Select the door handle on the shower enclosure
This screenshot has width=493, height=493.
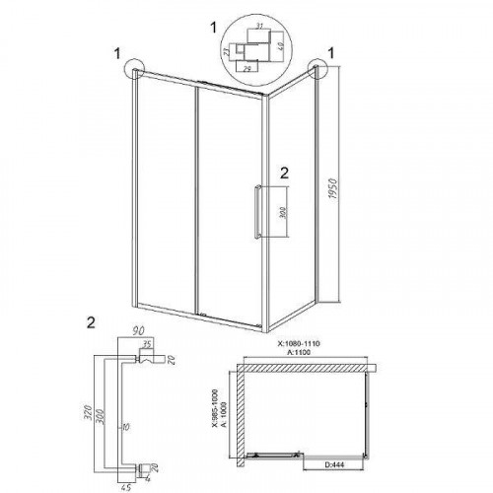pyautogui.click(x=258, y=211)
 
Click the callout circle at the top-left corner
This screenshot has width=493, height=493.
pyautogui.click(x=134, y=70)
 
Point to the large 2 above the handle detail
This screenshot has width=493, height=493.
pyautogui.click(x=92, y=321)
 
